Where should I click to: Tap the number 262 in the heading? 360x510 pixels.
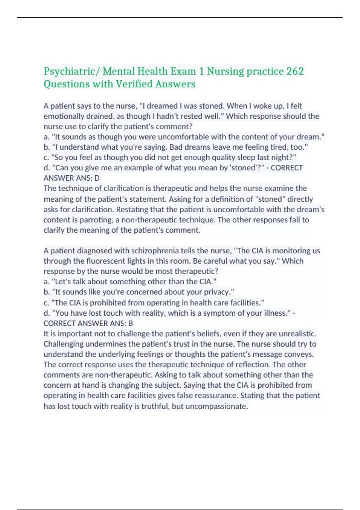tap(295, 71)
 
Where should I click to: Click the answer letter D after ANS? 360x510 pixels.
tap(97, 178)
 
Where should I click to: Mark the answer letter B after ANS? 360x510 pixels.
tap(130, 323)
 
